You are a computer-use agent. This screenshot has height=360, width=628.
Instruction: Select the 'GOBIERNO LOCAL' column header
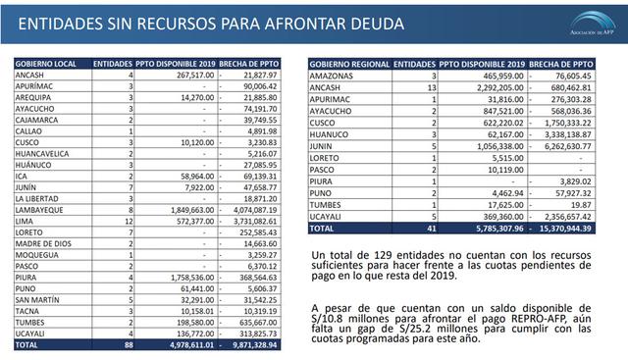(44, 62)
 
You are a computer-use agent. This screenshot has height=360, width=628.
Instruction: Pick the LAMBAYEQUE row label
(40, 210)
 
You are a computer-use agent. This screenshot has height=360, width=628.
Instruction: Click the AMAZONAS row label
(332, 75)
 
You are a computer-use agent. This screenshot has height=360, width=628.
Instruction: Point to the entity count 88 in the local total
(128, 346)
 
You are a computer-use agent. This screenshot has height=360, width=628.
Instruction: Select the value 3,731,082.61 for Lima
(251, 221)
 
